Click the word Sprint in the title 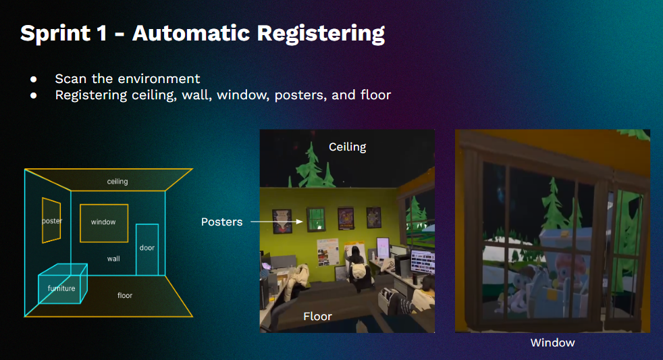coord(55,34)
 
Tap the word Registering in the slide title coord(321,34)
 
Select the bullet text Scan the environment coord(128,78)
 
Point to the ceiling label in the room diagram coord(117,182)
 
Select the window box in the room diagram coord(104,205)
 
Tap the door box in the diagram coord(147,225)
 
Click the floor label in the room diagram coord(125,295)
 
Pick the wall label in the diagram coord(113,259)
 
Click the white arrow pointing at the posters coord(277,222)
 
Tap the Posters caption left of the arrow coord(221,222)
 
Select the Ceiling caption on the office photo coord(347,147)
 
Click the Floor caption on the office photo coord(317,316)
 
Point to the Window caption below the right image coord(553,342)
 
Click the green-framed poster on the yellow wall coord(316,219)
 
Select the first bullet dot coord(33,79)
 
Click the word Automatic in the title coord(191,34)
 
